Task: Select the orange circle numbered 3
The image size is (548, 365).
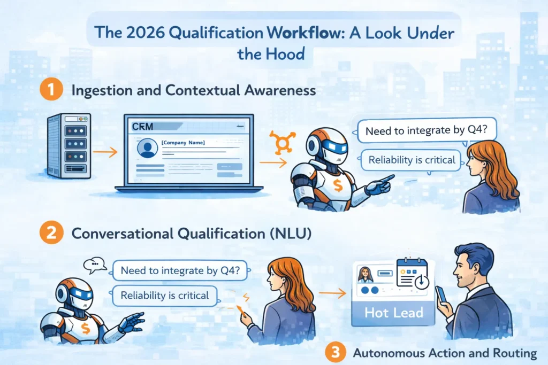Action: coord(334,353)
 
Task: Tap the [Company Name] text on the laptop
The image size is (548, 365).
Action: coord(182,143)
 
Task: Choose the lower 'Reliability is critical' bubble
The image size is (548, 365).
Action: coord(165,295)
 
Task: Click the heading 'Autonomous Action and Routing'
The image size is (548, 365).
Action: coord(444,353)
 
